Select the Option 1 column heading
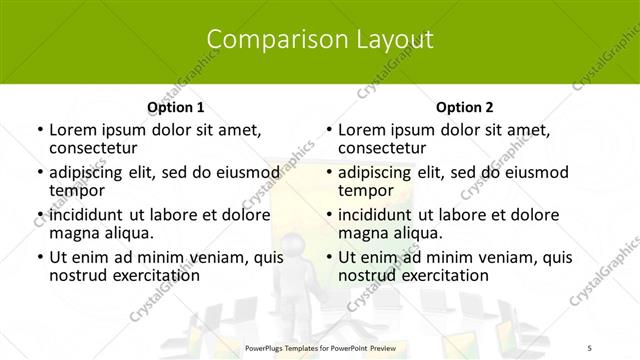pos(176,107)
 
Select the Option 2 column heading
pos(465,107)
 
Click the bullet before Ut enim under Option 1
pos(38,258)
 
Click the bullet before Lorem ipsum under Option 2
pos(327,130)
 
